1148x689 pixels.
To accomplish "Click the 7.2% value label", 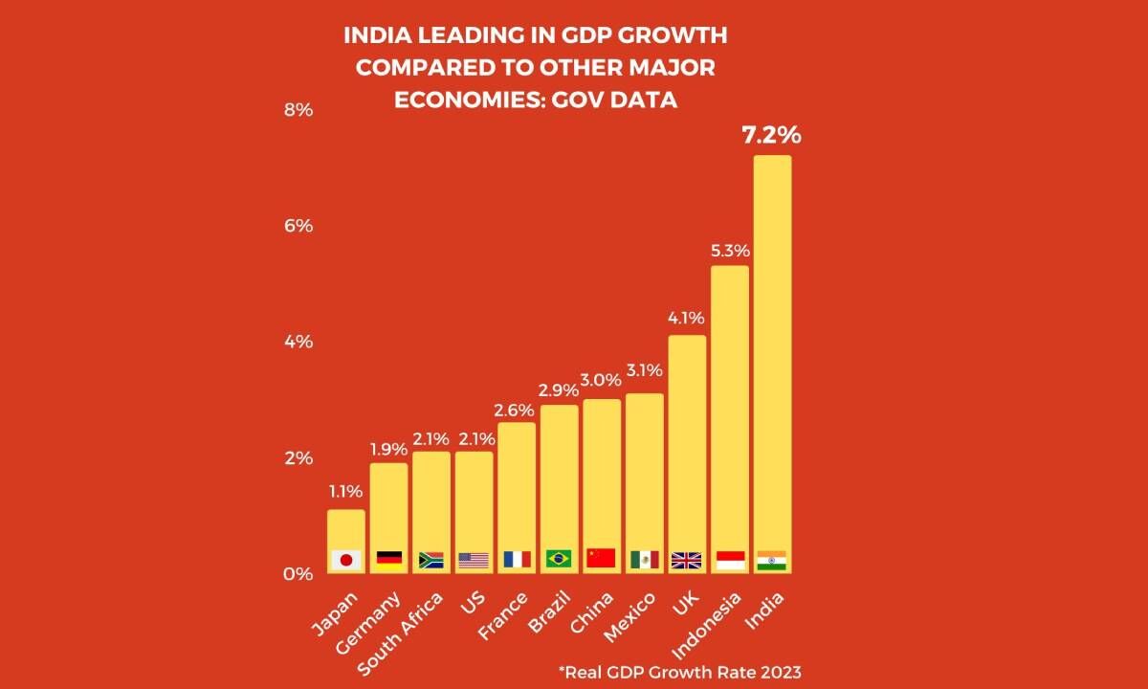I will [x=771, y=135].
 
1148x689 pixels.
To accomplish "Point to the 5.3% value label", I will [x=729, y=251].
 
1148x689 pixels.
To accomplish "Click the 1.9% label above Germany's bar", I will [x=388, y=448].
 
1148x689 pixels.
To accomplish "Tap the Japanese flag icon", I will [x=345, y=560].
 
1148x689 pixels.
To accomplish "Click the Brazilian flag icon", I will [x=559, y=559].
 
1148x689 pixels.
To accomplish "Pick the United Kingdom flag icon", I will [x=687, y=560].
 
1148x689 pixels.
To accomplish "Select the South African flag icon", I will [x=430, y=560].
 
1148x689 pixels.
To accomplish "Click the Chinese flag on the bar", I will [x=601, y=558].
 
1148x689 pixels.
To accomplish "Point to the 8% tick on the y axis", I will [x=298, y=110].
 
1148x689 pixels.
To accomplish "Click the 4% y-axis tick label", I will [x=298, y=342].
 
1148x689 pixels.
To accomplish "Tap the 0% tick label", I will [x=298, y=574].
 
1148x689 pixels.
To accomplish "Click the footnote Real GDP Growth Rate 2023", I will [x=679, y=671].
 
